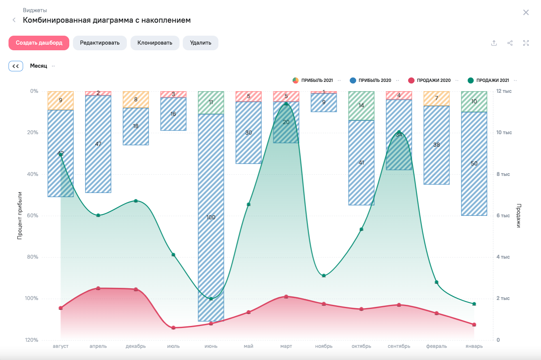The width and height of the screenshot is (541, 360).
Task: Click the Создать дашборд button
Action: click(x=39, y=43)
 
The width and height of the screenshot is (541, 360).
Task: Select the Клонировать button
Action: click(x=155, y=43)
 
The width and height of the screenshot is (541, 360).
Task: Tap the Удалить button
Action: click(x=201, y=43)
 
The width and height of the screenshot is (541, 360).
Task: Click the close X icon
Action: click(x=526, y=13)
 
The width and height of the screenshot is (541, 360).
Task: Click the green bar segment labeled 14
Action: click(x=361, y=106)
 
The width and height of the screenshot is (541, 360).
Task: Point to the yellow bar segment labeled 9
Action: click(x=60, y=101)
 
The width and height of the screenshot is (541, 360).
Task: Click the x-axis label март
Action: click(x=286, y=346)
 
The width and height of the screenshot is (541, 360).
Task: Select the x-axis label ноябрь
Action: click(x=324, y=346)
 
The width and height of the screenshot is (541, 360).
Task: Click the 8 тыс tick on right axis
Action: click(x=504, y=174)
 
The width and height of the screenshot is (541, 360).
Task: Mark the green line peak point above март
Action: click(x=286, y=104)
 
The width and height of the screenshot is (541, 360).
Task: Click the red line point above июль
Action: click(x=173, y=328)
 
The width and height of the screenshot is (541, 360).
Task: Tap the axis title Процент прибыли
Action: click(x=19, y=216)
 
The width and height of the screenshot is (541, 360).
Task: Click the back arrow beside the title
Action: click(x=14, y=20)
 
